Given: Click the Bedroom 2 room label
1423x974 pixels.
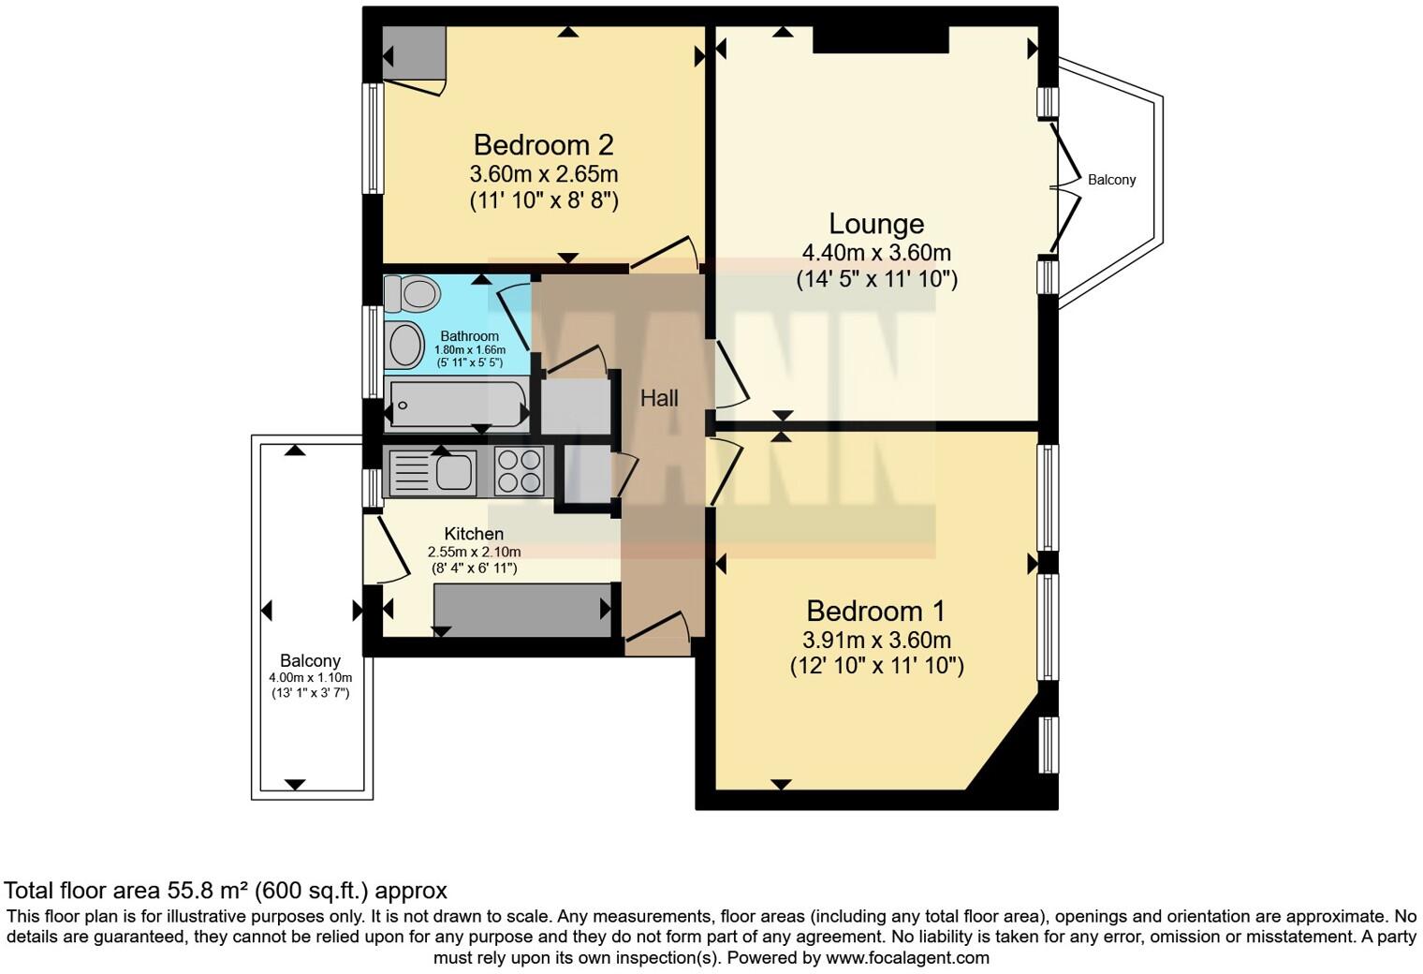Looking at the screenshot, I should click(543, 145).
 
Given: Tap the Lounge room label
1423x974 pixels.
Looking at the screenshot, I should click(876, 224).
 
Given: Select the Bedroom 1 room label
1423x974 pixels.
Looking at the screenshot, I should click(876, 612).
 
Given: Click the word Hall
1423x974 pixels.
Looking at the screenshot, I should click(659, 399).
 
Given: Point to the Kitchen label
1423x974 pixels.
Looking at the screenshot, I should click(474, 534).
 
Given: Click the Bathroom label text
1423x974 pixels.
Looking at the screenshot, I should click(469, 336).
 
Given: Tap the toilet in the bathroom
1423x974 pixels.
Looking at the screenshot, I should click(412, 294).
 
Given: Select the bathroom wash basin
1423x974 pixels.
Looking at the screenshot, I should click(405, 345).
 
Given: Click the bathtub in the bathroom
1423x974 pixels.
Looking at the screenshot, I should click(457, 405).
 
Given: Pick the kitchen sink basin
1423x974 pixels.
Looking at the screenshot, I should click(455, 470).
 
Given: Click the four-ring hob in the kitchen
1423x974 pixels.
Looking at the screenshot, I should click(519, 470).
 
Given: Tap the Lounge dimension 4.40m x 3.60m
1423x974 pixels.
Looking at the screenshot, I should click(876, 253).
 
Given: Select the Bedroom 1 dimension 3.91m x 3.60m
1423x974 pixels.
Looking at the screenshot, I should click(876, 641).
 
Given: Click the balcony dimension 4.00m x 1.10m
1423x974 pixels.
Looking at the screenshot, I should click(310, 678).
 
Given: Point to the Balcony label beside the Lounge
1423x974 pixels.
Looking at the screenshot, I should click(1111, 180).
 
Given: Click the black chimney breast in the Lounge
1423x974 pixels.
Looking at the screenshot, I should click(880, 40).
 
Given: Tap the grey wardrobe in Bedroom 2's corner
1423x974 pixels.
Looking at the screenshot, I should click(414, 52).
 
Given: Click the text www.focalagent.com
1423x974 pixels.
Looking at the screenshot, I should click(907, 958).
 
